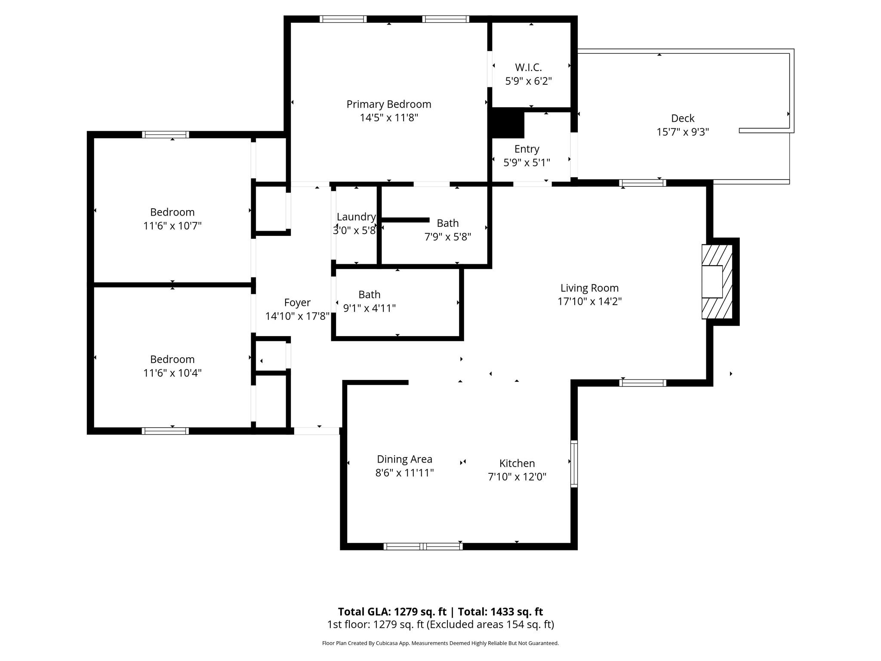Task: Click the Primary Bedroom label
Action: click(x=388, y=104)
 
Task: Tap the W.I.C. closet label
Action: click(x=528, y=68)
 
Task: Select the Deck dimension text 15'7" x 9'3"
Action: click(x=682, y=132)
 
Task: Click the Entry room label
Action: click(x=527, y=149)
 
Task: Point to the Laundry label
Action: click(x=356, y=217)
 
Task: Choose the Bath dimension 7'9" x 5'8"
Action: click(x=447, y=237)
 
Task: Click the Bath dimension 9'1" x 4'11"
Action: click(x=369, y=308)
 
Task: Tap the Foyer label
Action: click(x=297, y=303)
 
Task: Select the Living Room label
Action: click(x=589, y=288)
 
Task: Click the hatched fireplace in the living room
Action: click(x=717, y=282)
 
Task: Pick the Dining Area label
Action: click(x=404, y=459)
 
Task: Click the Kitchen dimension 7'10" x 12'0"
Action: click(x=517, y=477)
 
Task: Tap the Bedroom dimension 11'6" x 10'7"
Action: click(x=172, y=226)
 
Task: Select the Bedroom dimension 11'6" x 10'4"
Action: click(x=172, y=373)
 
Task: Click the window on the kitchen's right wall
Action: click(x=574, y=463)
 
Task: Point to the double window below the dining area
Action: click(x=423, y=547)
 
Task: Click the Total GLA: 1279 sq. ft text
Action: click(x=392, y=612)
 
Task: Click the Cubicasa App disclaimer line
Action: click(x=440, y=643)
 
